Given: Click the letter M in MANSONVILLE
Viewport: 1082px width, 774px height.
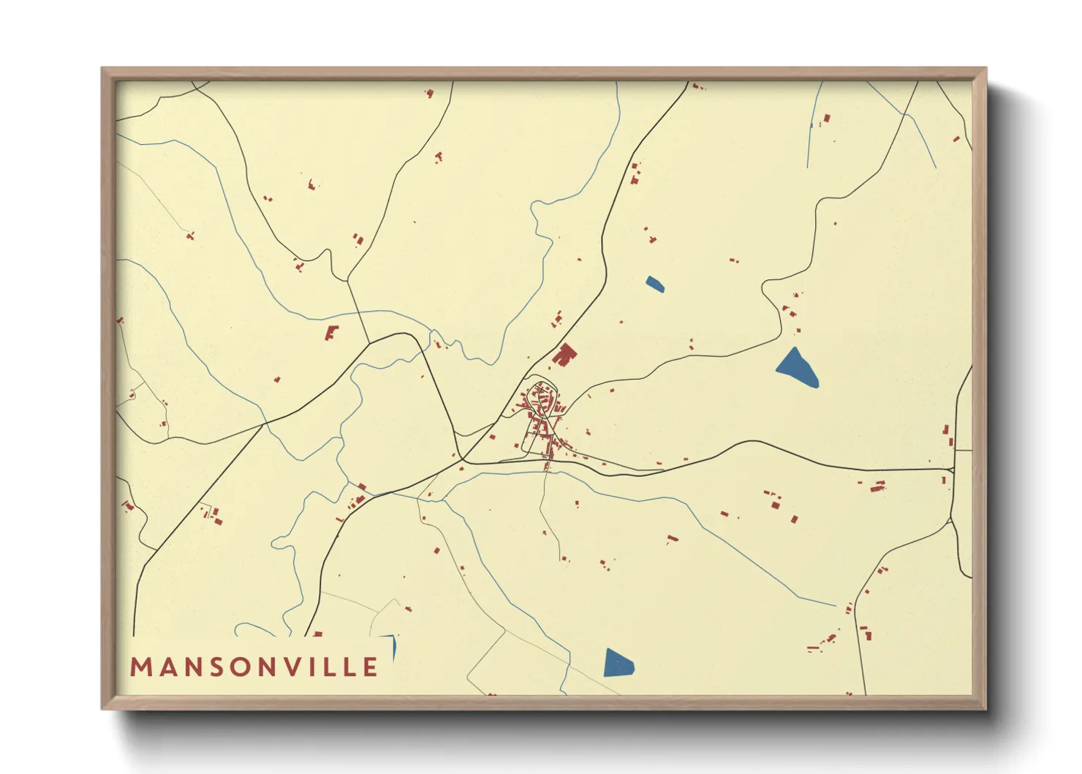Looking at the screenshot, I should (x=140, y=667).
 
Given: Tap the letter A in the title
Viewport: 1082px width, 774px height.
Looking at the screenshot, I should (x=166, y=667).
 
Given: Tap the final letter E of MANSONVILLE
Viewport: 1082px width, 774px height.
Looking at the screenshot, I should (x=371, y=667).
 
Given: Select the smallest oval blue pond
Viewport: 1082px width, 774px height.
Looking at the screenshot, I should (x=655, y=284).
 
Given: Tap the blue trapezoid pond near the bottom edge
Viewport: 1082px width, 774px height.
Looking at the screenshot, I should (x=618, y=663).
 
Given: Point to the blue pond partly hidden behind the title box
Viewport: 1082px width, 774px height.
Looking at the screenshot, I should (x=393, y=645).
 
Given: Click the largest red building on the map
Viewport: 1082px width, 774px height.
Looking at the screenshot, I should (x=564, y=356).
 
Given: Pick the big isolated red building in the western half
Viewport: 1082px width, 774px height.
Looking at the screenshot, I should (x=332, y=333).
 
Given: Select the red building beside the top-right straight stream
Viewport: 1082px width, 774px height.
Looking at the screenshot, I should (x=827, y=118).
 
